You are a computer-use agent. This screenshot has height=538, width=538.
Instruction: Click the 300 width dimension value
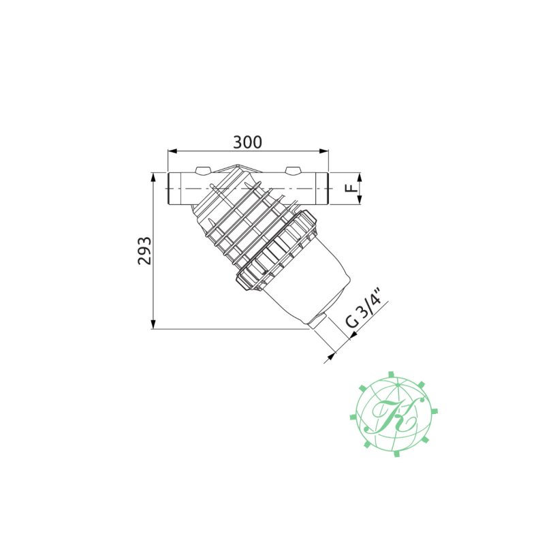pyautogui.click(x=247, y=142)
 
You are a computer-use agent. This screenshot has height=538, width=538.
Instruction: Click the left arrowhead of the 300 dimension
pyautogui.click(x=171, y=152)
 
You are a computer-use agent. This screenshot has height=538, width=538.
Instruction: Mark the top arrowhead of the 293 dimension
pyautogui.click(x=153, y=176)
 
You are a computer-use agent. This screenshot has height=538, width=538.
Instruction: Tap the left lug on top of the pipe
pyautogui.click(x=202, y=170)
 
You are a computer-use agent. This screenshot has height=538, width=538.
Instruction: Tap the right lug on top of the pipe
pyautogui.click(x=293, y=170)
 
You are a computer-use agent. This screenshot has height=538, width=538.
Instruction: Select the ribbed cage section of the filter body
pyautogui.click(x=245, y=221)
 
